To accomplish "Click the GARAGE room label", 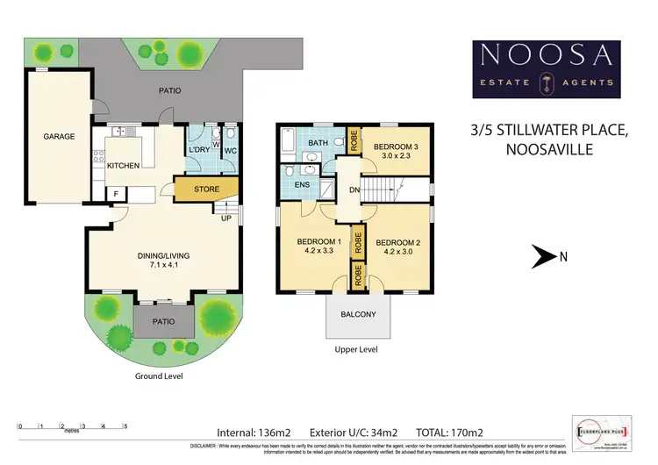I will (x=61, y=137).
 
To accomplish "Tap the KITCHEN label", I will (x=124, y=165).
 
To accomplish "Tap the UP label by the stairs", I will (x=226, y=218).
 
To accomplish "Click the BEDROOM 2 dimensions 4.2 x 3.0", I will (x=398, y=252).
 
